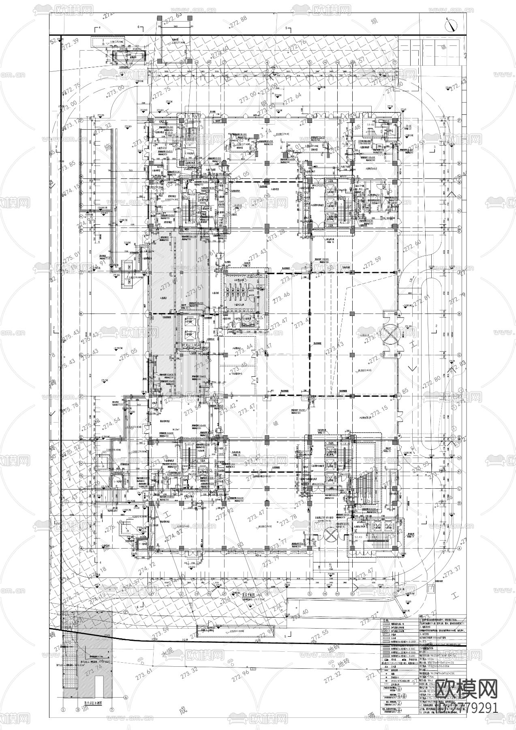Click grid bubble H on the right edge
[459, 314]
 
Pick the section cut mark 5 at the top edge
[287, 28]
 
